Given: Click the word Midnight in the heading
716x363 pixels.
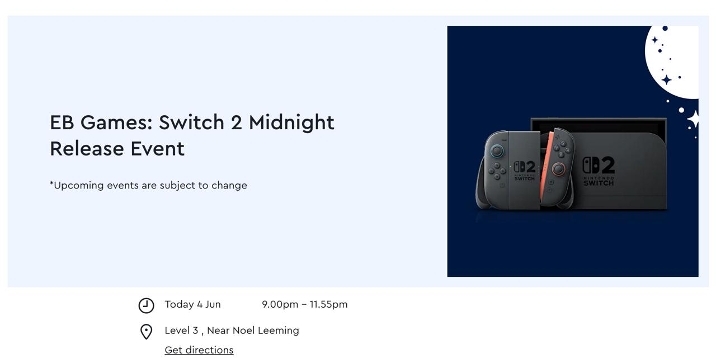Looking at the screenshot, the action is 291,123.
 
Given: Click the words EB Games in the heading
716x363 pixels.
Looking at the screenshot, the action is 101,122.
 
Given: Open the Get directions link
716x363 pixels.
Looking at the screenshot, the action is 199,350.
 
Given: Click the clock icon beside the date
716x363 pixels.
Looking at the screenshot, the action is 146,305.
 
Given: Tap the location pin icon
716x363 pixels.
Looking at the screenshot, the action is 146,332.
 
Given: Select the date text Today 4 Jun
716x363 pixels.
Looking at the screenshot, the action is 192,304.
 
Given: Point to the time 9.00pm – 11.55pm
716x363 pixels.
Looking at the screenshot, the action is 304,304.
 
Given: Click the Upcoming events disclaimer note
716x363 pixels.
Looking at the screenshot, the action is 148,185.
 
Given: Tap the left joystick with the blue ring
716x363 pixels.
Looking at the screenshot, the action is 497,150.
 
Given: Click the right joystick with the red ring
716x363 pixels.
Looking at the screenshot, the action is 558,169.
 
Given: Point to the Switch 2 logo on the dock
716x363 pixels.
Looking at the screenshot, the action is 599,171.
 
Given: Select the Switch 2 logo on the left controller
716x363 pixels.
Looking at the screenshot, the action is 524,171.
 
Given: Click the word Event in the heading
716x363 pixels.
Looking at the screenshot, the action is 157,149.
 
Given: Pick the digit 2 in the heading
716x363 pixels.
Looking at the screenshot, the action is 236,122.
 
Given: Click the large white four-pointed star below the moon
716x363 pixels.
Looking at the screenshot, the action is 693,119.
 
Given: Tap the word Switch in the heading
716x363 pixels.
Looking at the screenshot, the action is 191,122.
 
